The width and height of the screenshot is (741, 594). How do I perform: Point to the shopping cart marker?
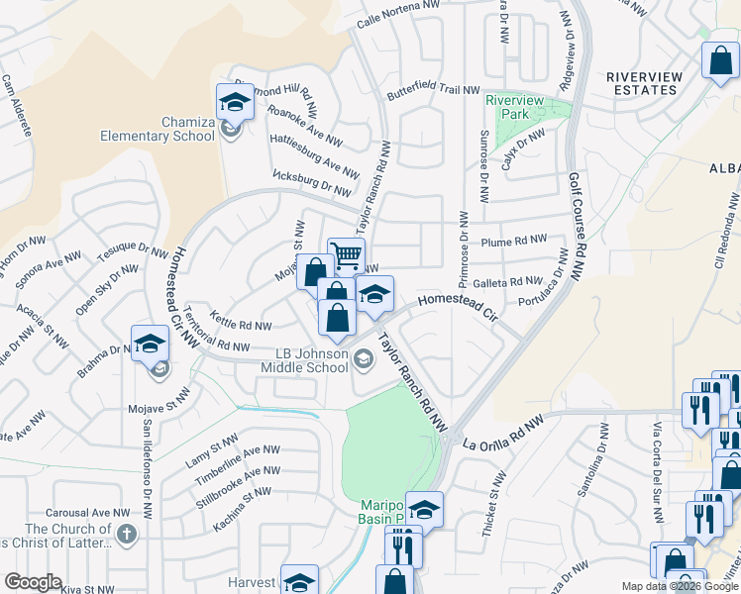pyautogui.click(x=346, y=256)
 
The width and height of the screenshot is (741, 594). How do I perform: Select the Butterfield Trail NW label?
pyautogui.click(x=433, y=90)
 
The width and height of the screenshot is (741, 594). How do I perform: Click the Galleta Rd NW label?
pyautogui.click(x=508, y=281)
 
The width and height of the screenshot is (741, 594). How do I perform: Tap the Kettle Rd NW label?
pyautogui.click(x=241, y=325)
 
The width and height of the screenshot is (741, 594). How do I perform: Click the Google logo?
pyautogui.click(x=33, y=582)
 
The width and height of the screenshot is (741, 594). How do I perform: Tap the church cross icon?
pyautogui.click(x=125, y=535)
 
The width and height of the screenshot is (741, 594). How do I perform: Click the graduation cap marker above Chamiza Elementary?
pyautogui.click(x=236, y=101)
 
